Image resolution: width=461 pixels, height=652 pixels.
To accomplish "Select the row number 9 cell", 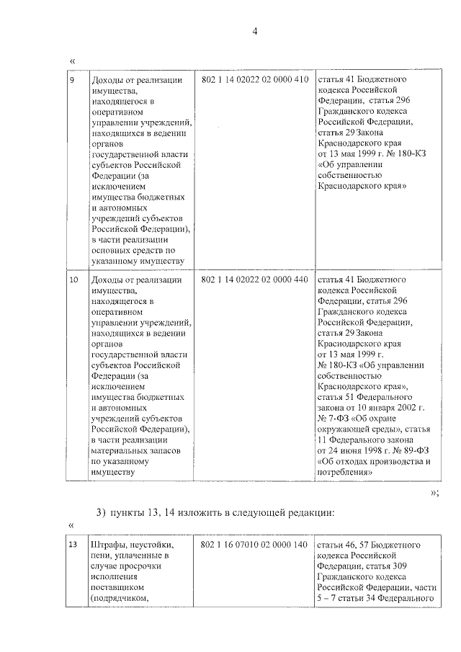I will [x=72, y=79].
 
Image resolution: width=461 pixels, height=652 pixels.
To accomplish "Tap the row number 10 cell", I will [x=73, y=279].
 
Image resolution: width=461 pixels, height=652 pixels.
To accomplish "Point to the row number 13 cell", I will [x=73, y=545].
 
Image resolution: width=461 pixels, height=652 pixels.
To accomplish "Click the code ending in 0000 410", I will [x=255, y=79].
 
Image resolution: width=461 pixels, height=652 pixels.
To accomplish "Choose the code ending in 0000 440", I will [x=255, y=279].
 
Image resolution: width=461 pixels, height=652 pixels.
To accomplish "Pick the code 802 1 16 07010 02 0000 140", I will [x=255, y=545].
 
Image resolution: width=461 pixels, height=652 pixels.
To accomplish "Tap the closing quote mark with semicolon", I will [x=434, y=492].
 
